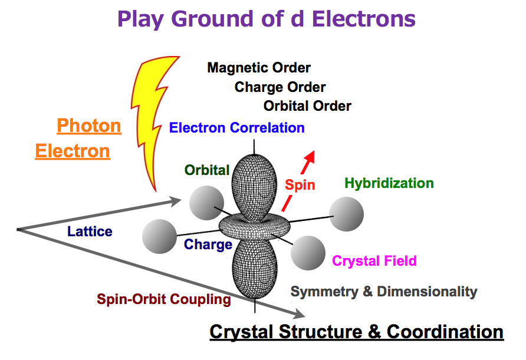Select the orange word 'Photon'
[89, 125]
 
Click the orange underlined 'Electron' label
[73, 151]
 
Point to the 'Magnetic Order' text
[259, 68]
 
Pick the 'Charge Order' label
[280, 87]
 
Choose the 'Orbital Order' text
[307, 106]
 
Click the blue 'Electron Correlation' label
[236, 127]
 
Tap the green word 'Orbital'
[206, 170]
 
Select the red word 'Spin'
[300, 184]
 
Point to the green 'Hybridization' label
[389, 183]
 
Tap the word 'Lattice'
[90, 231]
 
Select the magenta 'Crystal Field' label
[374, 260]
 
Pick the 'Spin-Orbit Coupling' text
[164, 299]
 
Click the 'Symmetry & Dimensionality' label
[384, 291]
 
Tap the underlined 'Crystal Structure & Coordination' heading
[357, 331]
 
